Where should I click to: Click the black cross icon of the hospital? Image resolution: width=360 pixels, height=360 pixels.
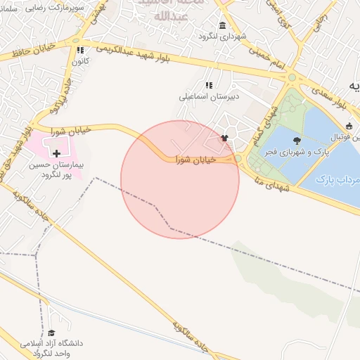click(x=56, y=153)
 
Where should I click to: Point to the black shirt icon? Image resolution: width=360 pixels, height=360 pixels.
click(x=224, y=139)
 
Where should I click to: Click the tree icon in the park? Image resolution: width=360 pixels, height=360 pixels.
click(x=296, y=141)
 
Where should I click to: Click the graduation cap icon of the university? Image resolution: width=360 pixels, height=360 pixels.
click(x=51, y=333)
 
